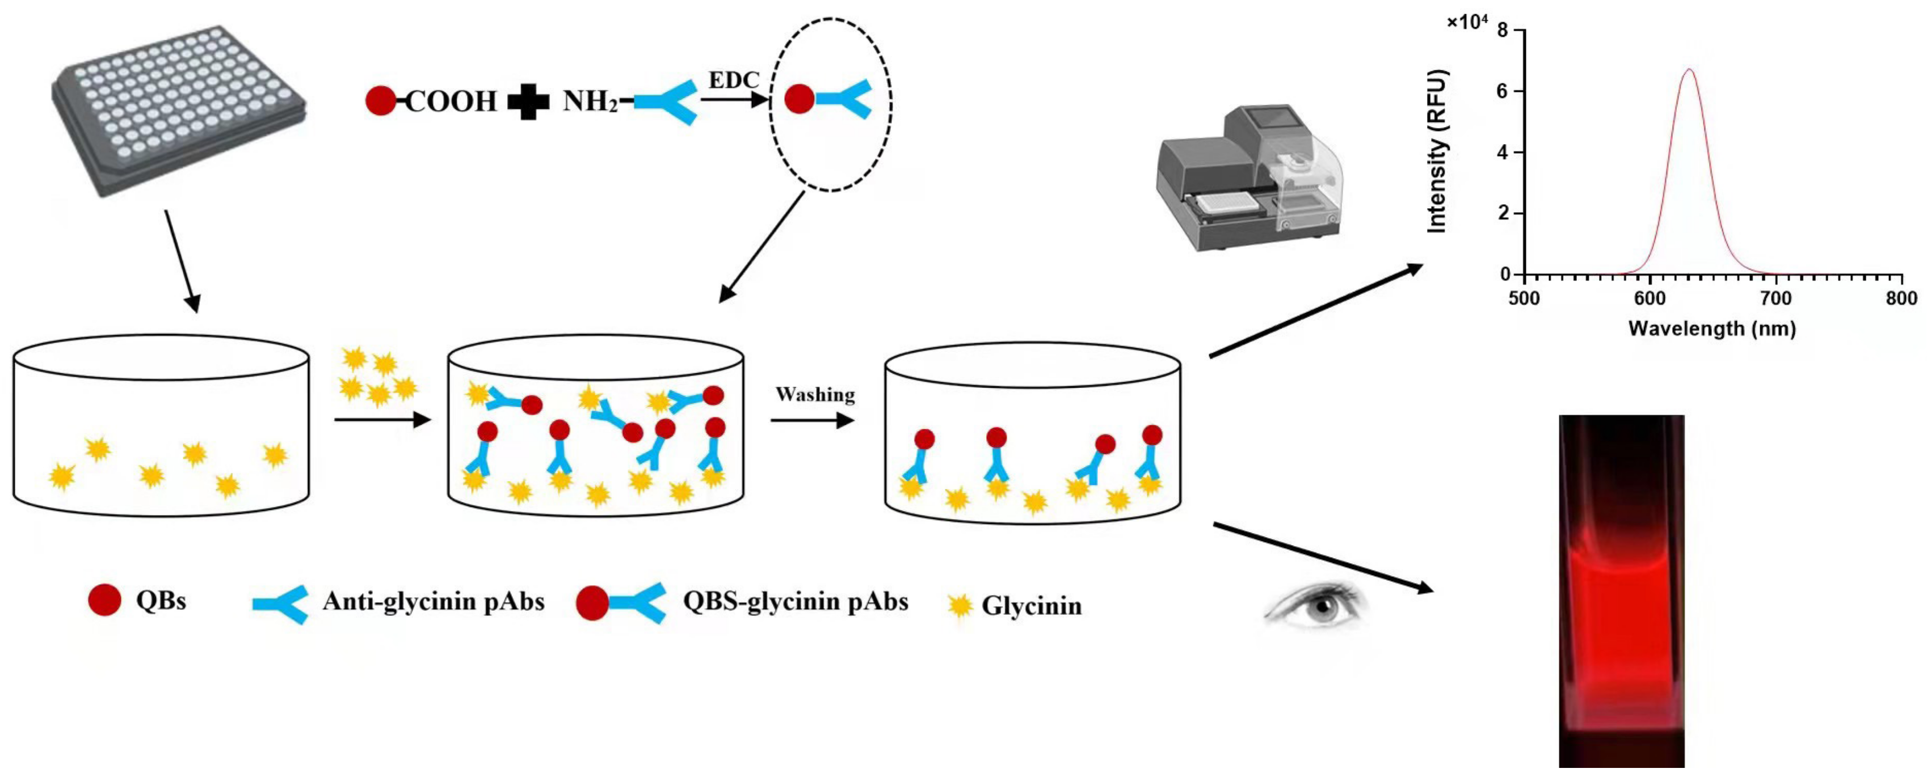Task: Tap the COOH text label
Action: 451,101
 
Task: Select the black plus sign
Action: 529,102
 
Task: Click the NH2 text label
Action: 590,101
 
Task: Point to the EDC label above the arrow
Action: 733,79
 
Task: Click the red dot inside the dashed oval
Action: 799,99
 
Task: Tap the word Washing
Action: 815,394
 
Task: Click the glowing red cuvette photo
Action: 1621,591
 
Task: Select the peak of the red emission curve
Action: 1688,70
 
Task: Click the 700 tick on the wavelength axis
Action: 1775,298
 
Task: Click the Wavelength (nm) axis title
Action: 1711,328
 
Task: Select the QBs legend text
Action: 161,601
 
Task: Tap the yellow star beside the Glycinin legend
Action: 959,605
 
